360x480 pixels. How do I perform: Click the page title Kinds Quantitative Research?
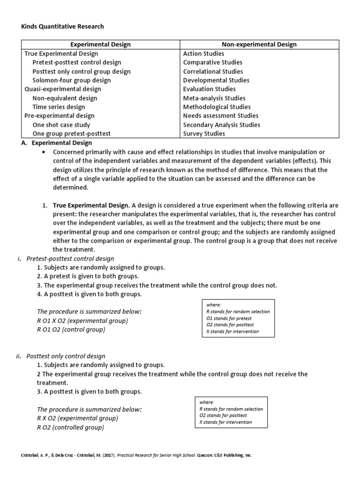click(x=62, y=27)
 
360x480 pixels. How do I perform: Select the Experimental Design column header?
click(x=100, y=45)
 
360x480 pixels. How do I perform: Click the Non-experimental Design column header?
click(x=259, y=45)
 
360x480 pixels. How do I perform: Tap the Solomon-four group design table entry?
click(x=72, y=80)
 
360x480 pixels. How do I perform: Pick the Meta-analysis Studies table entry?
click(x=214, y=98)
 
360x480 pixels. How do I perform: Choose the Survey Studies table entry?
click(x=204, y=134)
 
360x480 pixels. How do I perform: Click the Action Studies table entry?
click(x=203, y=53)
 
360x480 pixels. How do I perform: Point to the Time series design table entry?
click(x=59, y=107)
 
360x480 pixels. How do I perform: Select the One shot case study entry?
click(x=61, y=125)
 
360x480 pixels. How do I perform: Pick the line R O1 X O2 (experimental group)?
click(x=82, y=321)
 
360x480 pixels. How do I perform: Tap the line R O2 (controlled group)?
click(x=70, y=427)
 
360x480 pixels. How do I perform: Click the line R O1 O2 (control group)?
click(x=71, y=330)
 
